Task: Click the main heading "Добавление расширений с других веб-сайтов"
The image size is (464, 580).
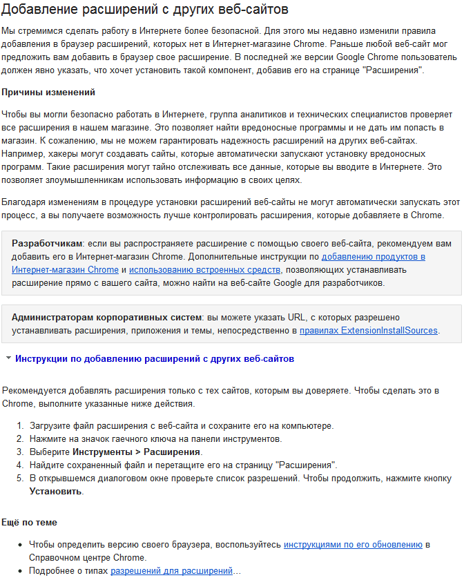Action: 145,10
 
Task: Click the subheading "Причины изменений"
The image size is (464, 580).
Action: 48,93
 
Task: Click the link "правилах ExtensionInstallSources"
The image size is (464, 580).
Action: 369,331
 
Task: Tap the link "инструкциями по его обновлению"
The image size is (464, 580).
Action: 353,545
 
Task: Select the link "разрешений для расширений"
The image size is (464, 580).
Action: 172,571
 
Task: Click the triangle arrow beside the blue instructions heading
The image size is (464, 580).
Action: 8,358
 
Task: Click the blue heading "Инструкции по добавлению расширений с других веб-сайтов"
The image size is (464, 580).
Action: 155,359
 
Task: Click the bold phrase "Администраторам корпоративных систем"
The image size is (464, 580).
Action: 106,317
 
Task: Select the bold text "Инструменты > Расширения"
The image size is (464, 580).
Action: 137,452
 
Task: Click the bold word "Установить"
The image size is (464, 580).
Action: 55,492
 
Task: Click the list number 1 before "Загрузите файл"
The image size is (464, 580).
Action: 20,425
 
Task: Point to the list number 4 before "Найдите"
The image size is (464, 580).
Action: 20,465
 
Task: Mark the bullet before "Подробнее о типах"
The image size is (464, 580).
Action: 20,571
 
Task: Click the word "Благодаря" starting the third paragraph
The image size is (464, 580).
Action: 24,202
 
